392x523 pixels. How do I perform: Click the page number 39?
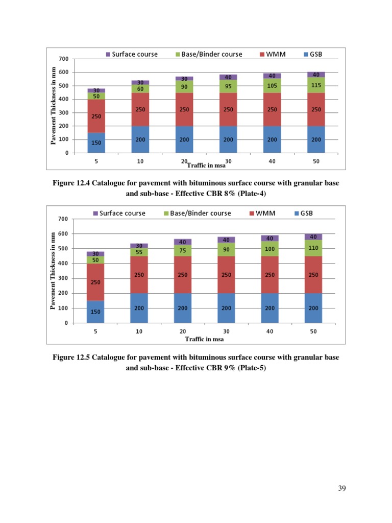tap(342, 489)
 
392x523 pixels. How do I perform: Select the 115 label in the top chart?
tap(316, 85)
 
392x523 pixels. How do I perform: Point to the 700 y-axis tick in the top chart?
tap(63, 59)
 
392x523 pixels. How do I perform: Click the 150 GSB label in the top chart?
tap(96, 142)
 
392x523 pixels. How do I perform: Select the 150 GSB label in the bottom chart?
tap(95, 311)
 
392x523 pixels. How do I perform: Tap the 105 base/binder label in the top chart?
tap(272, 86)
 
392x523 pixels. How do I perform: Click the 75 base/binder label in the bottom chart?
tap(182, 251)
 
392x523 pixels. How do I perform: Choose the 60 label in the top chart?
tap(140, 88)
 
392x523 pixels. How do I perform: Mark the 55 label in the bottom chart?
tap(139, 252)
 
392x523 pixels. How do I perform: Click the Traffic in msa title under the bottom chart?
tap(204, 339)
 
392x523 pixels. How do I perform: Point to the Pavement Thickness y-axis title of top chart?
tap(54, 105)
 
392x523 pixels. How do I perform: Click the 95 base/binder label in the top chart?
tap(228, 86)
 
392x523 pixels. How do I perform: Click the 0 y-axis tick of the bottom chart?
tap(65, 323)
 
